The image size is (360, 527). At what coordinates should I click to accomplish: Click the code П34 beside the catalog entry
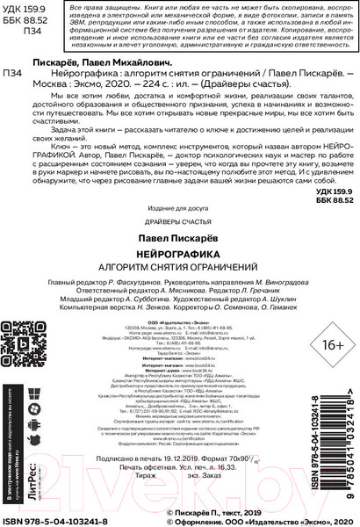14,73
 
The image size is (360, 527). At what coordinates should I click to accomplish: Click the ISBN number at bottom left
52,522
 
